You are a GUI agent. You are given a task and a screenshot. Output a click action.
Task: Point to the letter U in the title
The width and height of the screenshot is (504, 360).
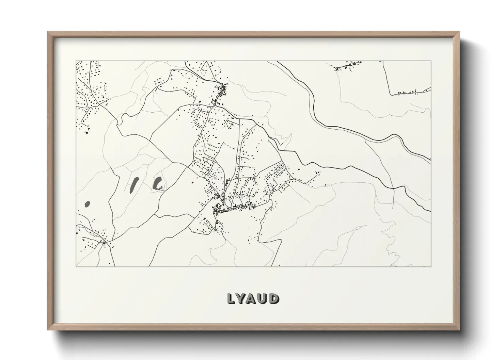(263, 298)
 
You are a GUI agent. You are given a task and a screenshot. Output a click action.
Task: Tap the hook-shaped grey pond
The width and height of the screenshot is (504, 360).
(158, 184)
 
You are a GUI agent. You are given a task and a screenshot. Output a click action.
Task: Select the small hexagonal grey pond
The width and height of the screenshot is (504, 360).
(87, 204)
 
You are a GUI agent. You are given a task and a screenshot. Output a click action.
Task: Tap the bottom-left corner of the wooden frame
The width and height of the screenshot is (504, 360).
(48, 330)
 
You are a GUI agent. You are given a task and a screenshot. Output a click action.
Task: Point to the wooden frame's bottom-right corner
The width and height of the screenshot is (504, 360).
(459, 330)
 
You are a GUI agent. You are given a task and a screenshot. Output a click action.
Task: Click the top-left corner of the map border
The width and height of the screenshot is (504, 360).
(76, 61)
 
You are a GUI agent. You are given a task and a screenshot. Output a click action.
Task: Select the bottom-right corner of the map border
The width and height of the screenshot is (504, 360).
(431, 266)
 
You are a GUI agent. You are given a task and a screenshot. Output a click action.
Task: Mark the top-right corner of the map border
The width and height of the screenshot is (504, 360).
(431, 61)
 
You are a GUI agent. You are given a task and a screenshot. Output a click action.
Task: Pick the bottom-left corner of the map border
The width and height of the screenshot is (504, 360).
(76, 266)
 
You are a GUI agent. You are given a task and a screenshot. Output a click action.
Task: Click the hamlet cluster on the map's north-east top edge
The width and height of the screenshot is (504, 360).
(347, 66)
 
